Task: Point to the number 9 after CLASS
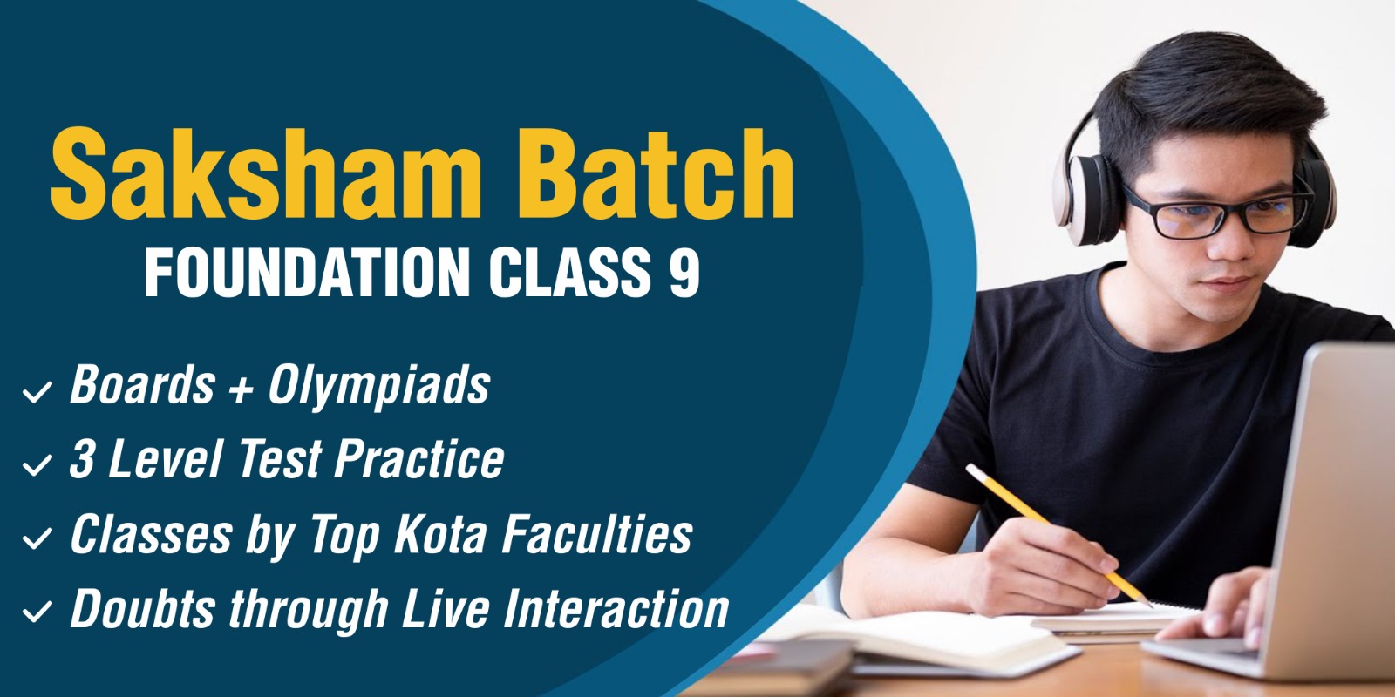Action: [x=684, y=272]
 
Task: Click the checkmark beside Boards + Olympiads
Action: [x=37, y=392]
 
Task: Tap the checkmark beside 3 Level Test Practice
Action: [x=37, y=465]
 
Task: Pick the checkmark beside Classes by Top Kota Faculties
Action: [x=37, y=539]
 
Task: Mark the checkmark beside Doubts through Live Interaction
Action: [x=37, y=612]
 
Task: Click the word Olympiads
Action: [x=379, y=387]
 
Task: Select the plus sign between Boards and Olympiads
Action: [x=241, y=389]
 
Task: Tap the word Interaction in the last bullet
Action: [x=616, y=608]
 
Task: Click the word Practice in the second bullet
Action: [x=419, y=458]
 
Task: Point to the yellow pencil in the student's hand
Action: [x=1058, y=535]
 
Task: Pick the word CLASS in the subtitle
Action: [x=570, y=272]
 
